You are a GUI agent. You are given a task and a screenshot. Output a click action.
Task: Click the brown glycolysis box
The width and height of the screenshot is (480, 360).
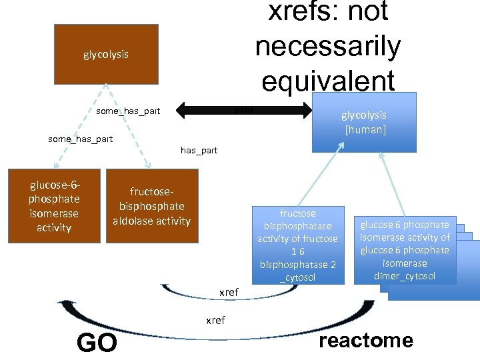coord(105,54)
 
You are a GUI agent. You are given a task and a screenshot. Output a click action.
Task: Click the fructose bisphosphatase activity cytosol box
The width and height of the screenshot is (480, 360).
coord(298,245)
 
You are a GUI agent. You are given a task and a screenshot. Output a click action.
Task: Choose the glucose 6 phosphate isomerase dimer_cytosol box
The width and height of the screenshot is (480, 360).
coord(405,250)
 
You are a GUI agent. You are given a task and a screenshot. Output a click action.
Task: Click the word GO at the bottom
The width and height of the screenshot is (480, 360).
coord(97,343)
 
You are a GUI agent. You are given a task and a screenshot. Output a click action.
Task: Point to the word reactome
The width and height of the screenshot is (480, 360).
coord(366,341)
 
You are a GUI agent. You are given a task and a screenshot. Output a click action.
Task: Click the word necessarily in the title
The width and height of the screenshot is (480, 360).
coord(327,46)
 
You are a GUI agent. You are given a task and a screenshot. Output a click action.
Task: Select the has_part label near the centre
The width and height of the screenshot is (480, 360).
coord(199,150)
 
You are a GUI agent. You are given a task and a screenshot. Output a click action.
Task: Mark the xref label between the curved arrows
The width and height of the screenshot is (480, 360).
coord(229,292)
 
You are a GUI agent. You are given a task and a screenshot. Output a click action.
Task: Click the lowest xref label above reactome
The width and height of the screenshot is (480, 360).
coord(215,320)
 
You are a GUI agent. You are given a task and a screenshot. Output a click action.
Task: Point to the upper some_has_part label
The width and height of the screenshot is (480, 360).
coord(128,111)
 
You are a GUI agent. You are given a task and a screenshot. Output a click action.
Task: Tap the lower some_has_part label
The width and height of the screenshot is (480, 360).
coord(81,139)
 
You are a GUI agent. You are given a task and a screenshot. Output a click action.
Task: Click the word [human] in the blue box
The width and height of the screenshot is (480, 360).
coord(365,129)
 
